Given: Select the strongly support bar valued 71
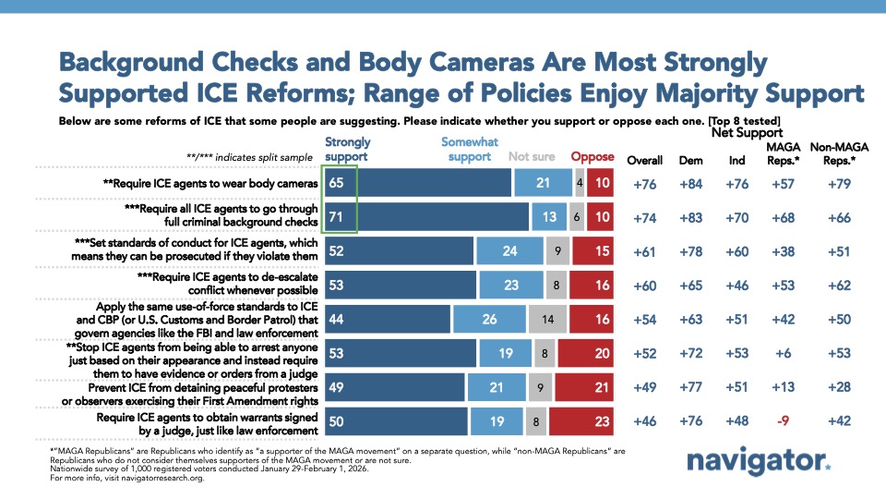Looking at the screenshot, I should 425,217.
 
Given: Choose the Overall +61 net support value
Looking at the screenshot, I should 645,251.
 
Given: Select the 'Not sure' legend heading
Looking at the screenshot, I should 532,157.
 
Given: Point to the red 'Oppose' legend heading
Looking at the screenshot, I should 592,157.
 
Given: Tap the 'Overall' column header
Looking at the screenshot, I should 645,161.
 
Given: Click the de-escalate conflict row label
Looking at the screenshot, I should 226,286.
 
